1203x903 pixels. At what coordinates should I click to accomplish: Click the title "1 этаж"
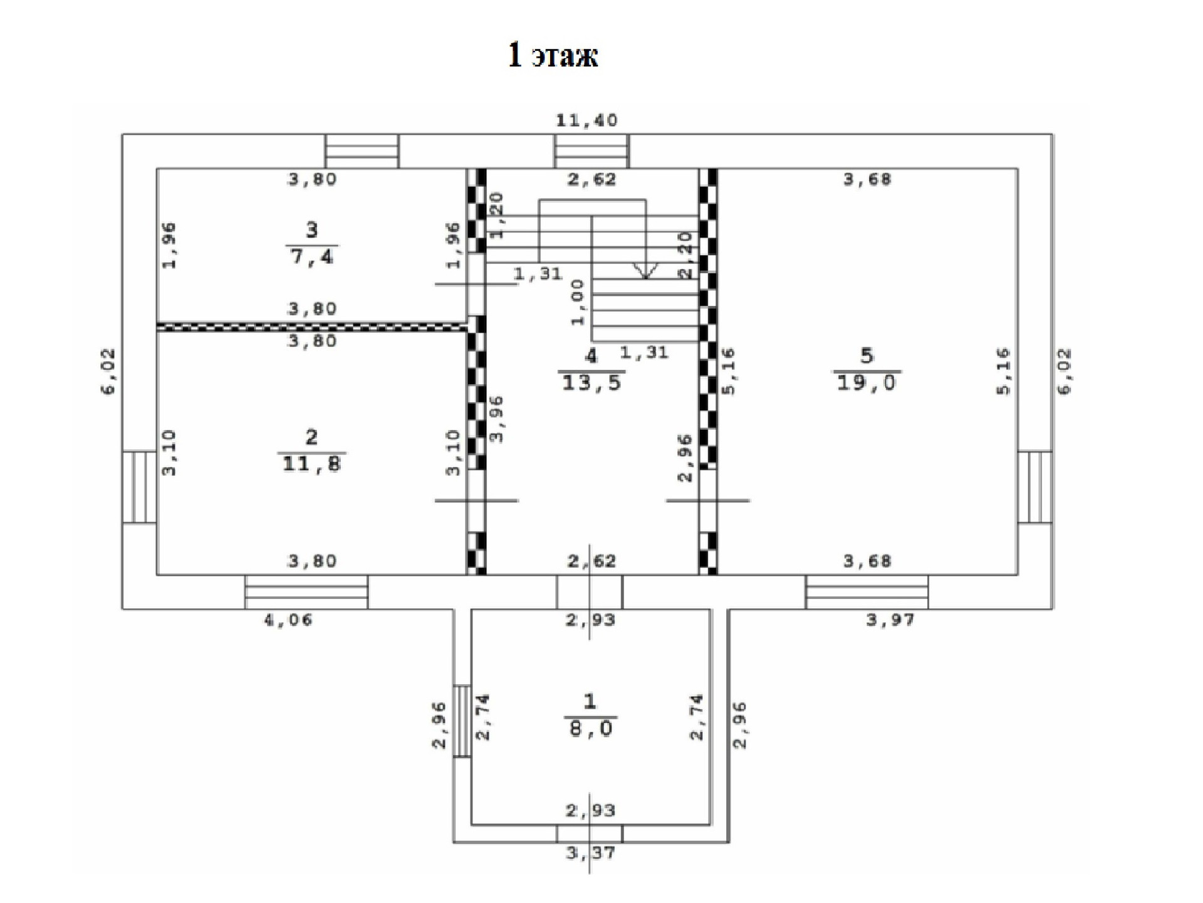point(553,55)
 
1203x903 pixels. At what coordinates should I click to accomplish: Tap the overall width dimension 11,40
point(586,120)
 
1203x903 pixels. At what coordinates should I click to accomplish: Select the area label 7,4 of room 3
point(312,256)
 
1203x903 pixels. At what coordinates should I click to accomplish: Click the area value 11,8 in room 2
point(311,464)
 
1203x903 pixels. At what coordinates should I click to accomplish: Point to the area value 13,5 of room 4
point(591,383)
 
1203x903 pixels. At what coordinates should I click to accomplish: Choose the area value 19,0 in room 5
point(867,383)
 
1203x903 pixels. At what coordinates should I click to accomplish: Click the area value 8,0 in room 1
point(590,729)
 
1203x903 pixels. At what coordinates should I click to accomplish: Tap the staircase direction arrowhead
point(645,270)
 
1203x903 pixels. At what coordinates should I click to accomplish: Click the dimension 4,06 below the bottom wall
point(288,620)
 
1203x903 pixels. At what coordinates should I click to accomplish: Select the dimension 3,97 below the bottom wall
point(890,620)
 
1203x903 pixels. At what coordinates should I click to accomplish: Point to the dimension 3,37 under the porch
point(590,853)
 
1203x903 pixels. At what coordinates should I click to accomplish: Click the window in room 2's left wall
point(139,487)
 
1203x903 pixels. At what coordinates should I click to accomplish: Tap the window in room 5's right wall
point(1034,487)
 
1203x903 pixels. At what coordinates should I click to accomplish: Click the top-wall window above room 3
point(362,151)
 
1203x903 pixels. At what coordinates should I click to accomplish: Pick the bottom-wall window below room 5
point(867,592)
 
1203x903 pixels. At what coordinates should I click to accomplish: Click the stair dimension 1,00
point(577,302)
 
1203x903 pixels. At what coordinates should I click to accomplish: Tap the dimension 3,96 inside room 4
point(496,419)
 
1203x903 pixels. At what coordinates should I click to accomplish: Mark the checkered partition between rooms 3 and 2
point(311,326)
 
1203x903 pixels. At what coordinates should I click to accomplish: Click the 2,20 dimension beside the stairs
point(685,255)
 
